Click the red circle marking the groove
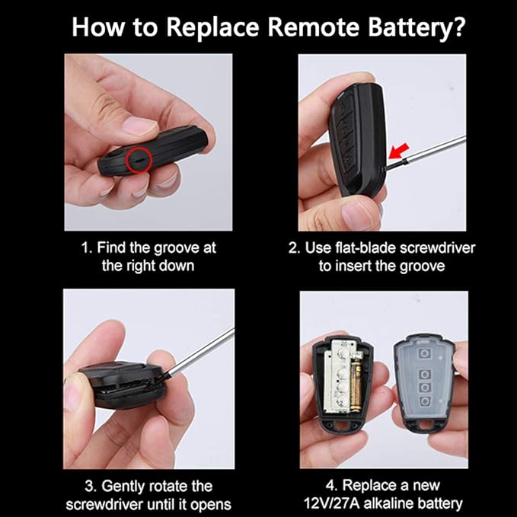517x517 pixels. pos(139,160)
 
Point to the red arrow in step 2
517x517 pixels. pos(399,152)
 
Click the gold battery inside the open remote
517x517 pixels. pos(355,386)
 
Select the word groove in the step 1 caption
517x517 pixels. pos(176,248)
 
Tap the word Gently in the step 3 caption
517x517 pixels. pos(123,487)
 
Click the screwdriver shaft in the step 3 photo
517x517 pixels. pos(200,351)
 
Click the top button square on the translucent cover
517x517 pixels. pos(424,353)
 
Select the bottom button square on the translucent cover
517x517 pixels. pos(425,401)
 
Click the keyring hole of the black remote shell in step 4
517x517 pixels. pos(340,425)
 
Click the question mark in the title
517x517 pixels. pos(457,27)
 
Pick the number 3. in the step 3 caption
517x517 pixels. pos(90,487)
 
